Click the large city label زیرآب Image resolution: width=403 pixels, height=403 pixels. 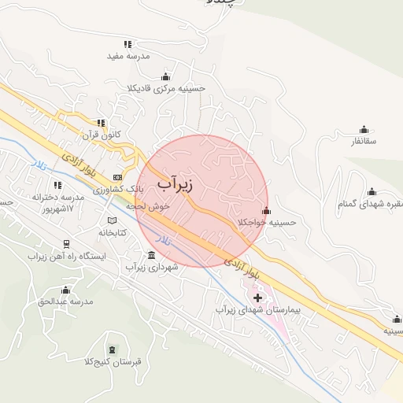[x=175, y=184]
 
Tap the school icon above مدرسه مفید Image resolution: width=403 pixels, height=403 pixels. [x=128, y=44]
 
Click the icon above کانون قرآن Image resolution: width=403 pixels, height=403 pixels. [x=101, y=123]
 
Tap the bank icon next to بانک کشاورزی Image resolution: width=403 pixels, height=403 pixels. [x=118, y=177]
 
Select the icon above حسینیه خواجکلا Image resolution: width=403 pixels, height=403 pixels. [x=267, y=210]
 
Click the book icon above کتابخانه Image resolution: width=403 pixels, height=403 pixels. [x=112, y=220]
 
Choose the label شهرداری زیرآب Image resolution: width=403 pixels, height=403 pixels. [x=153, y=268]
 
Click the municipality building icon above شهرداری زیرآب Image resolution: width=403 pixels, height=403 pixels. [x=151, y=255]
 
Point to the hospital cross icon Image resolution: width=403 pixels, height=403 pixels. [x=257, y=298]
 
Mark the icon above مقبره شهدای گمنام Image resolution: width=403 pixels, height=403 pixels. [x=372, y=191]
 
